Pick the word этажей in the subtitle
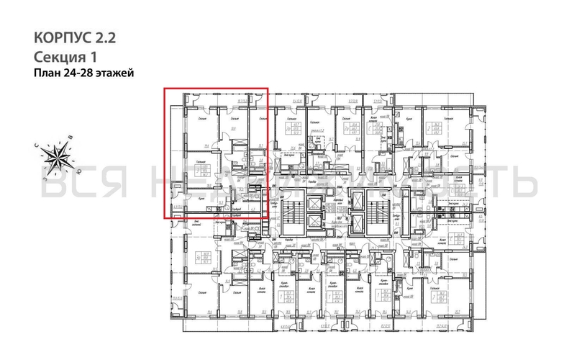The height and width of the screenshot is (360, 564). tap(117, 73)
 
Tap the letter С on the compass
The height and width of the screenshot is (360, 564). tap(37, 144)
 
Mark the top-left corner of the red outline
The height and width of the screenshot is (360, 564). tap(164, 89)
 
